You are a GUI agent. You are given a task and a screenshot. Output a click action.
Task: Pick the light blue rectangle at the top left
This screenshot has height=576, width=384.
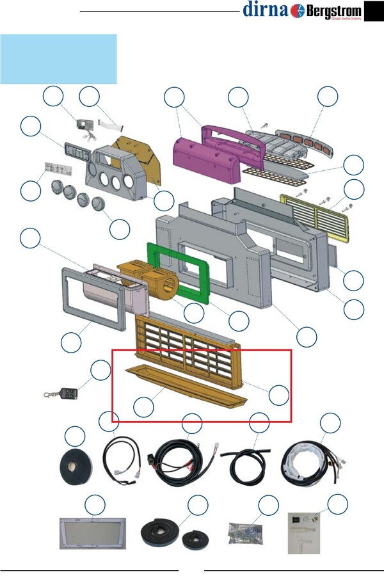point(58,59)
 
